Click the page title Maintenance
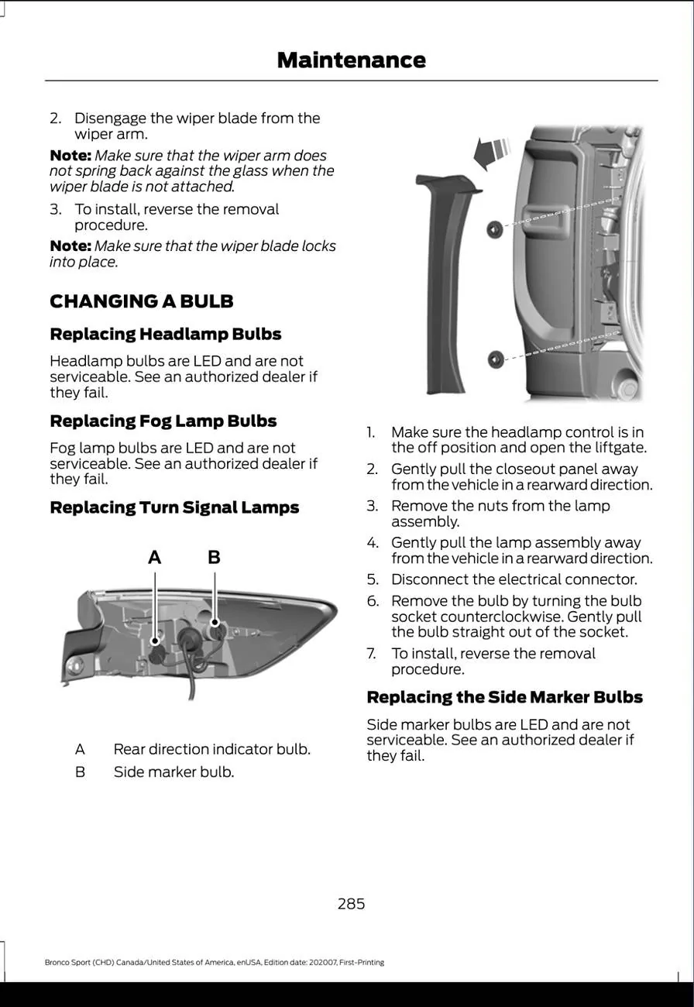coord(351,60)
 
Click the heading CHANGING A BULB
coord(141,301)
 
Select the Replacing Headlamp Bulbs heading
coord(165,335)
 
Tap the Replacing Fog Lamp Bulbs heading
coord(163,421)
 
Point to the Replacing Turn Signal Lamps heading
coord(174,508)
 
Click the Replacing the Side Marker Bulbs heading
coord(504,697)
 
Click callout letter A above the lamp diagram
coord(155,557)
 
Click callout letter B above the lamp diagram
coord(215,557)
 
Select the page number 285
coord(351,903)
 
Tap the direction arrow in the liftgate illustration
coord(491,151)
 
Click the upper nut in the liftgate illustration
coord(494,229)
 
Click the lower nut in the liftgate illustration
coord(494,359)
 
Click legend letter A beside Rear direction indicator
coord(80,750)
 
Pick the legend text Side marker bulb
coord(173,772)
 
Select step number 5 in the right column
coord(372,579)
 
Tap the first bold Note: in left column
coord(70,156)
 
